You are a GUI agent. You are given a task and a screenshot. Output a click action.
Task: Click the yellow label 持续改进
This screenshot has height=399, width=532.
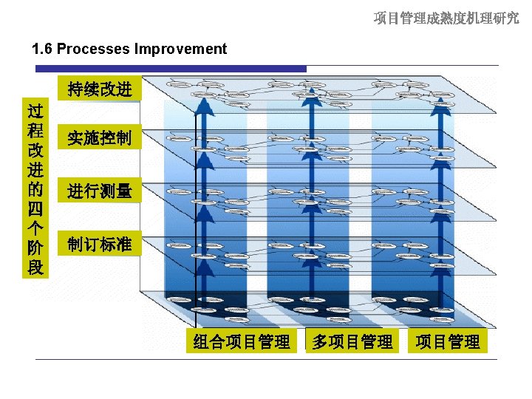click(x=99, y=89)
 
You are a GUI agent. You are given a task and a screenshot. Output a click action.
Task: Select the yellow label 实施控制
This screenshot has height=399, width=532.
click(x=99, y=137)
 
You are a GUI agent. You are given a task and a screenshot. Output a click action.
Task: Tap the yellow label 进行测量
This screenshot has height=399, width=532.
click(x=99, y=191)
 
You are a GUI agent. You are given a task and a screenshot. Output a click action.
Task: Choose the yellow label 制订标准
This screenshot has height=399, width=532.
click(x=99, y=244)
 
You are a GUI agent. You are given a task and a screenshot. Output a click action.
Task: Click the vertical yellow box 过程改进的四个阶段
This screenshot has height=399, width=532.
click(x=35, y=188)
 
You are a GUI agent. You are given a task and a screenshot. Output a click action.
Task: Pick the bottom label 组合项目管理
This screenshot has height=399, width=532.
click(x=241, y=341)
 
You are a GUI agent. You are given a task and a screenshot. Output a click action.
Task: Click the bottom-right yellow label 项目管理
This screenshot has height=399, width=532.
click(x=447, y=341)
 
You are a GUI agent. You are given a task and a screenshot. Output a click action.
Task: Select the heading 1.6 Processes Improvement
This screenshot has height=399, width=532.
click(x=129, y=50)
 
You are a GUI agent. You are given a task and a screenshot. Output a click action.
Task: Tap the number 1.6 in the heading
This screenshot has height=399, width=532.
click(x=43, y=50)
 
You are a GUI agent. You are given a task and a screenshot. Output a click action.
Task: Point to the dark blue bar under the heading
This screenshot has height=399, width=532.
click(x=170, y=69)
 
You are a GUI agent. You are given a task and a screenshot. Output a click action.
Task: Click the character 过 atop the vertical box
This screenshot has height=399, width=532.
click(x=35, y=112)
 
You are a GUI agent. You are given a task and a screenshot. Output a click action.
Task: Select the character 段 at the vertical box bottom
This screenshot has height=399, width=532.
click(x=35, y=267)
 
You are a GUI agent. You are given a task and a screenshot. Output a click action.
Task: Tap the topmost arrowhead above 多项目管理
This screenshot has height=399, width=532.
click(x=313, y=93)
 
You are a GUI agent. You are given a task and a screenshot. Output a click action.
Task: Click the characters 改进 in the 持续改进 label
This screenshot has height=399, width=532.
click(x=115, y=89)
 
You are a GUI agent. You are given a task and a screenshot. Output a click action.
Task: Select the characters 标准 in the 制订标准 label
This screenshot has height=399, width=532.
click(x=115, y=244)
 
